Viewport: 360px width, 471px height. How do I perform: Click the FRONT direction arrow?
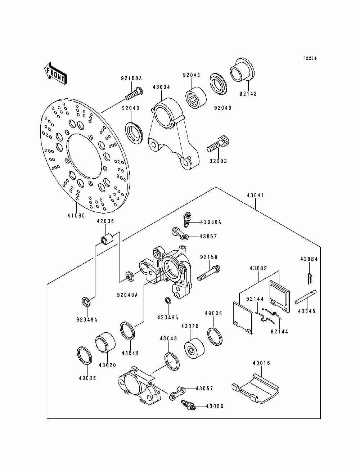pyautogui.click(x=55, y=74)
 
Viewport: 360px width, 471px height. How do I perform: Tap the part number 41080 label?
pyautogui.click(x=76, y=215)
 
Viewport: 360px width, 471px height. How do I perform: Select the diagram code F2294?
pyautogui.click(x=310, y=58)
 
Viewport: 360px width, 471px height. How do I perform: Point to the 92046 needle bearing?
pyautogui.click(x=196, y=98)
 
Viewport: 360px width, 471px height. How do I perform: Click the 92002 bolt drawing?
pyautogui.click(x=218, y=144)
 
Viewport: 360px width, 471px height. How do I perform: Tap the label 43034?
pyautogui.click(x=161, y=87)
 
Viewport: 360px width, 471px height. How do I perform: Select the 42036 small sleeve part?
pyautogui.click(x=107, y=239)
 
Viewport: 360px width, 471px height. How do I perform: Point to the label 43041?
pyautogui.click(x=255, y=195)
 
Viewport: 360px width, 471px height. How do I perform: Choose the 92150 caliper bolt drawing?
pyautogui.click(x=209, y=273)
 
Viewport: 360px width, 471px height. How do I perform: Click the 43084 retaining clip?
pyautogui.click(x=309, y=278)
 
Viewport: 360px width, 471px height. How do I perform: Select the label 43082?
pyautogui.click(x=258, y=268)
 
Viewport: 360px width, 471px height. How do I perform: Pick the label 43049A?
pyautogui.click(x=167, y=317)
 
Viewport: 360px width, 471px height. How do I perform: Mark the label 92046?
pyautogui.click(x=192, y=75)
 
